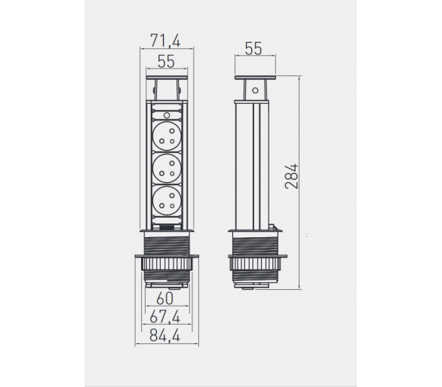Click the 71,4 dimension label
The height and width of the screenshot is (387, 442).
click(x=165, y=41)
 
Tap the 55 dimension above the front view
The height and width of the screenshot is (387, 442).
click(x=166, y=61)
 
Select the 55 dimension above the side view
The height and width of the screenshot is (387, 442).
click(x=253, y=48)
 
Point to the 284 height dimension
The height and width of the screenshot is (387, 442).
click(x=291, y=176)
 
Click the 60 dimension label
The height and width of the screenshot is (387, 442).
click(x=165, y=299)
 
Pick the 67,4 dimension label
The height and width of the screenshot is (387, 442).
click(x=165, y=317)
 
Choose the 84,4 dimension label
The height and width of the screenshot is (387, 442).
click(x=165, y=336)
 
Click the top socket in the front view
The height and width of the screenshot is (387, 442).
click(x=167, y=136)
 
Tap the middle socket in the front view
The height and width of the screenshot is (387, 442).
click(x=167, y=169)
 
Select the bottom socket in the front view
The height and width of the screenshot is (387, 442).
click(x=167, y=201)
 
